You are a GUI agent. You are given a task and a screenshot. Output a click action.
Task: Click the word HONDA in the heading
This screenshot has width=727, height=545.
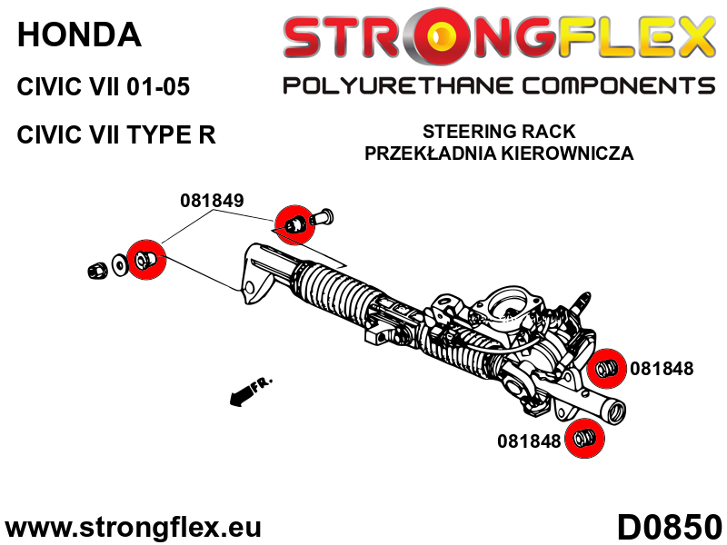(79, 35)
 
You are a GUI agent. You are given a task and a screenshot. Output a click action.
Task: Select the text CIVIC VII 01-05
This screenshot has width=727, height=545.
(104, 88)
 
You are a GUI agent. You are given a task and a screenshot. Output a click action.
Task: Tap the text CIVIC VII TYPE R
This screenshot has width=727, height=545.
(116, 135)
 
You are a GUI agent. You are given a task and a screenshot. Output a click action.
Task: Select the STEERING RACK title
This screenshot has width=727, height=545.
(498, 133)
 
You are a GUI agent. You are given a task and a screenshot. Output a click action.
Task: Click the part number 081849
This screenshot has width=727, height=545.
(212, 201)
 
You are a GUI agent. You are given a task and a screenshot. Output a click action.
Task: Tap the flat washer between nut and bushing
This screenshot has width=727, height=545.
(119, 267)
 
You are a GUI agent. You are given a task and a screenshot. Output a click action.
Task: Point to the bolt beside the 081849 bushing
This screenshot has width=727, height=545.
(324, 218)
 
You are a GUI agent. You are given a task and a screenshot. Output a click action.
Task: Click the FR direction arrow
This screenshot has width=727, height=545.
(250, 391)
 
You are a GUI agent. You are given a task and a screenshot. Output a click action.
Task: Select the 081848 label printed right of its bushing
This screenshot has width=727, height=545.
(662, 369)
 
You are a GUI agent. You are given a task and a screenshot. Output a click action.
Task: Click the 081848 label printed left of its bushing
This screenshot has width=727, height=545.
(529, 441)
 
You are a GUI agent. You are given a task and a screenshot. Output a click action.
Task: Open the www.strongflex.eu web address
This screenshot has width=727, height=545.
(134, 527)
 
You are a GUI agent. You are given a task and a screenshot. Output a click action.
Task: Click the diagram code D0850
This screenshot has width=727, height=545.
(669, 525)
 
